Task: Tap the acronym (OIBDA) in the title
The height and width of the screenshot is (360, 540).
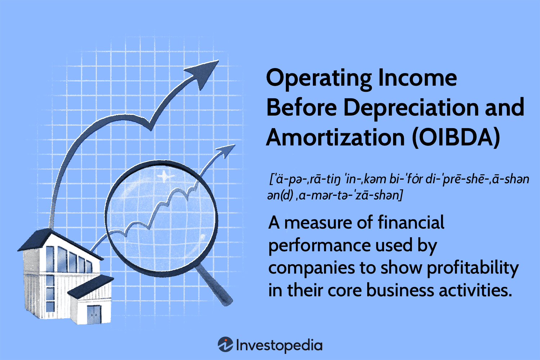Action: click(x=456, y=138)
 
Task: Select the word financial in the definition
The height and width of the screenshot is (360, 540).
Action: click(x=411, y=222)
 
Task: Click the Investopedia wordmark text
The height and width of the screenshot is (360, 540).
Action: click(x=279, y=346)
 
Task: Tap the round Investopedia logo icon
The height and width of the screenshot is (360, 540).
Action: click(x=225, y=344)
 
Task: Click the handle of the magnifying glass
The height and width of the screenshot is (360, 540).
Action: click(x=214, y=285)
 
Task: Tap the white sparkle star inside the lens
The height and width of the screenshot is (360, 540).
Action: click(x=165, y=176)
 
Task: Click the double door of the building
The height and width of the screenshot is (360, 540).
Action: click(x=94, y=314)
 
